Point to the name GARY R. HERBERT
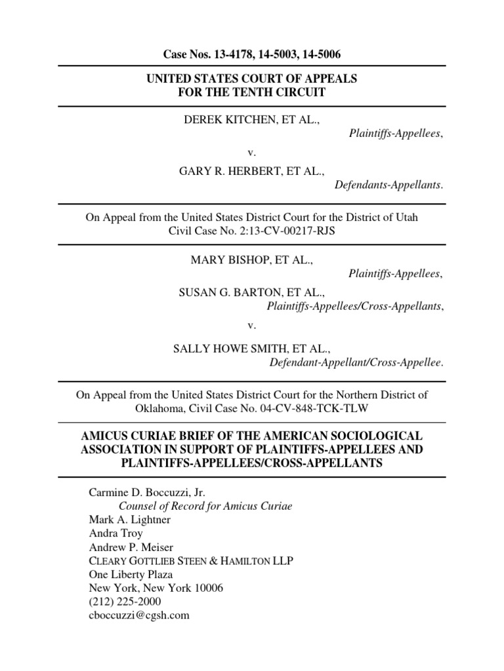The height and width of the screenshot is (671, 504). tap(227, 171)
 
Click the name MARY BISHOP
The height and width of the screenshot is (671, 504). tap(226, 260)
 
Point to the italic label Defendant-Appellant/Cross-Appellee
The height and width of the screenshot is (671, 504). tap(356, 361)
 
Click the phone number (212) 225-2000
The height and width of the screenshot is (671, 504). tap(125, 602)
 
